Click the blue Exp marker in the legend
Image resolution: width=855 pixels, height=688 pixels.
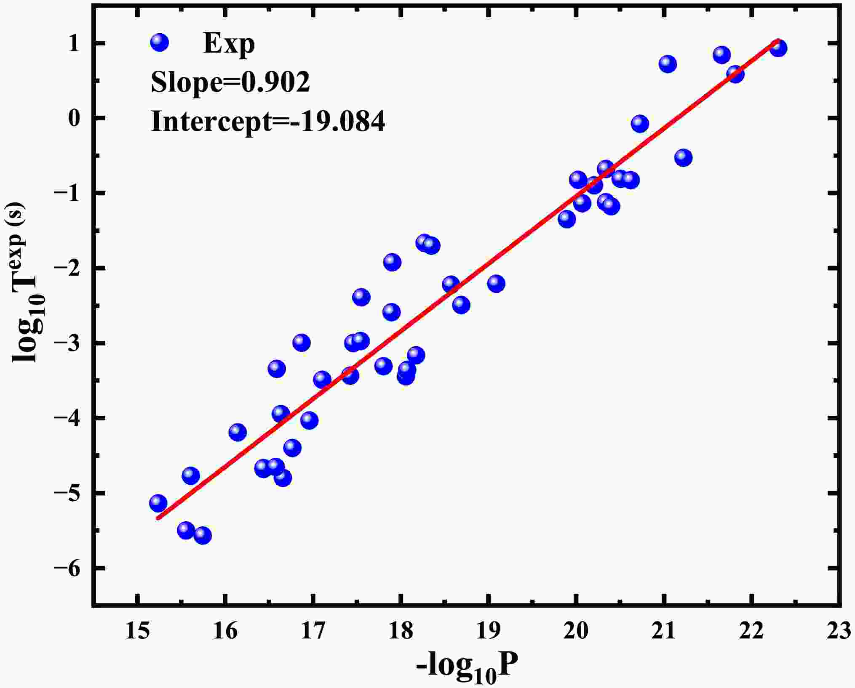[x=159, y=42]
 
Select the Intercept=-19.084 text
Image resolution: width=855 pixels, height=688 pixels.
[x=268, y=122]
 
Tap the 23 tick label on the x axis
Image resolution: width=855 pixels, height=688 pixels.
[x=839, y=632]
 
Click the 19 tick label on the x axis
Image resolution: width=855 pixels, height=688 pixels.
[x=488, y=632]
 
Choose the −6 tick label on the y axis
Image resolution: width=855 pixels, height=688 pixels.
[x=67, y=568]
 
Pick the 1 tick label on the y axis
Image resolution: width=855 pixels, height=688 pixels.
[x=74, y=43]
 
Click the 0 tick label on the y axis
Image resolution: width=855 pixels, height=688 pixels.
[x=74, y=118]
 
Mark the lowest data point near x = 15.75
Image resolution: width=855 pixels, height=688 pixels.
[x=203, y=535]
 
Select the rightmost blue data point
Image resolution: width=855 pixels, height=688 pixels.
[x=778, y=48]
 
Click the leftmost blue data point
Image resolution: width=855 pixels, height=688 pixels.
[x=158, y=503]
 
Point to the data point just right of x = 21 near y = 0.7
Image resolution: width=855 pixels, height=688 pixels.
[x=668, y=64]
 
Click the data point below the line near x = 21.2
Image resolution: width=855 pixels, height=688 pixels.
[x=683, y=158]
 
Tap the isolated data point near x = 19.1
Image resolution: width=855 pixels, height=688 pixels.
[x=496, y=284]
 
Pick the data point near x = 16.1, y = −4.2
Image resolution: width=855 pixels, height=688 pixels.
[x=238, y=432]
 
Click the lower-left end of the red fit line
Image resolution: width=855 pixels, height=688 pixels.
[x=158, y=518]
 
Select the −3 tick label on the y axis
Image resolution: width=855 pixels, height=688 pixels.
[x=67, y=343]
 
